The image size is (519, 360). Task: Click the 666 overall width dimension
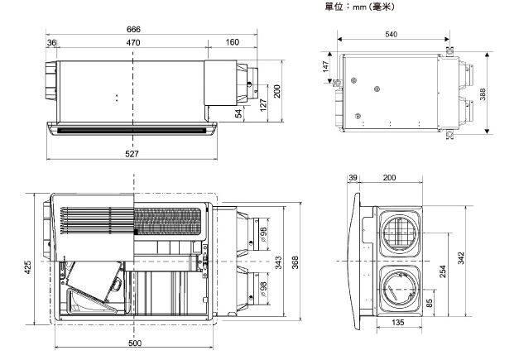[133, 30]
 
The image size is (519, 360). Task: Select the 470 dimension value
[133, 43]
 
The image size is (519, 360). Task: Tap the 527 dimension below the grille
[132, 154]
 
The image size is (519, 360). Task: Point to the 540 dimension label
[392, 35]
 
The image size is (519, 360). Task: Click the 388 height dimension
[483, 94]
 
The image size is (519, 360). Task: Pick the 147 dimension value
[325, 66]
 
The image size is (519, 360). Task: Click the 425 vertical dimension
[28, 267]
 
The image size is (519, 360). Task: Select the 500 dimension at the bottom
[135, 343]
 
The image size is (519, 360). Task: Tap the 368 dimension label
[295, 262]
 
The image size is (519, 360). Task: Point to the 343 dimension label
[278, 262]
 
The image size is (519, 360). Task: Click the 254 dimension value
[443, 271]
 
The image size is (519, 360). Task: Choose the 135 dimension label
[398, 322]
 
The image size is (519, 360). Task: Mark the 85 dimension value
[430, 303]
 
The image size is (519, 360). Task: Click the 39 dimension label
[353, 178]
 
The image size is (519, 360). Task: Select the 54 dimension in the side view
[238, 113]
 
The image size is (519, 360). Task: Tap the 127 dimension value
[263, 105]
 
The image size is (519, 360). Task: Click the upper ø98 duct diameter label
[264, 234]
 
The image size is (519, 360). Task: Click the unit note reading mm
[359, 7]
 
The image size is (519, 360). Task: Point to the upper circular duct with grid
[400, 233]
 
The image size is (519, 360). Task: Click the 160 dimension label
[233, 42]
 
